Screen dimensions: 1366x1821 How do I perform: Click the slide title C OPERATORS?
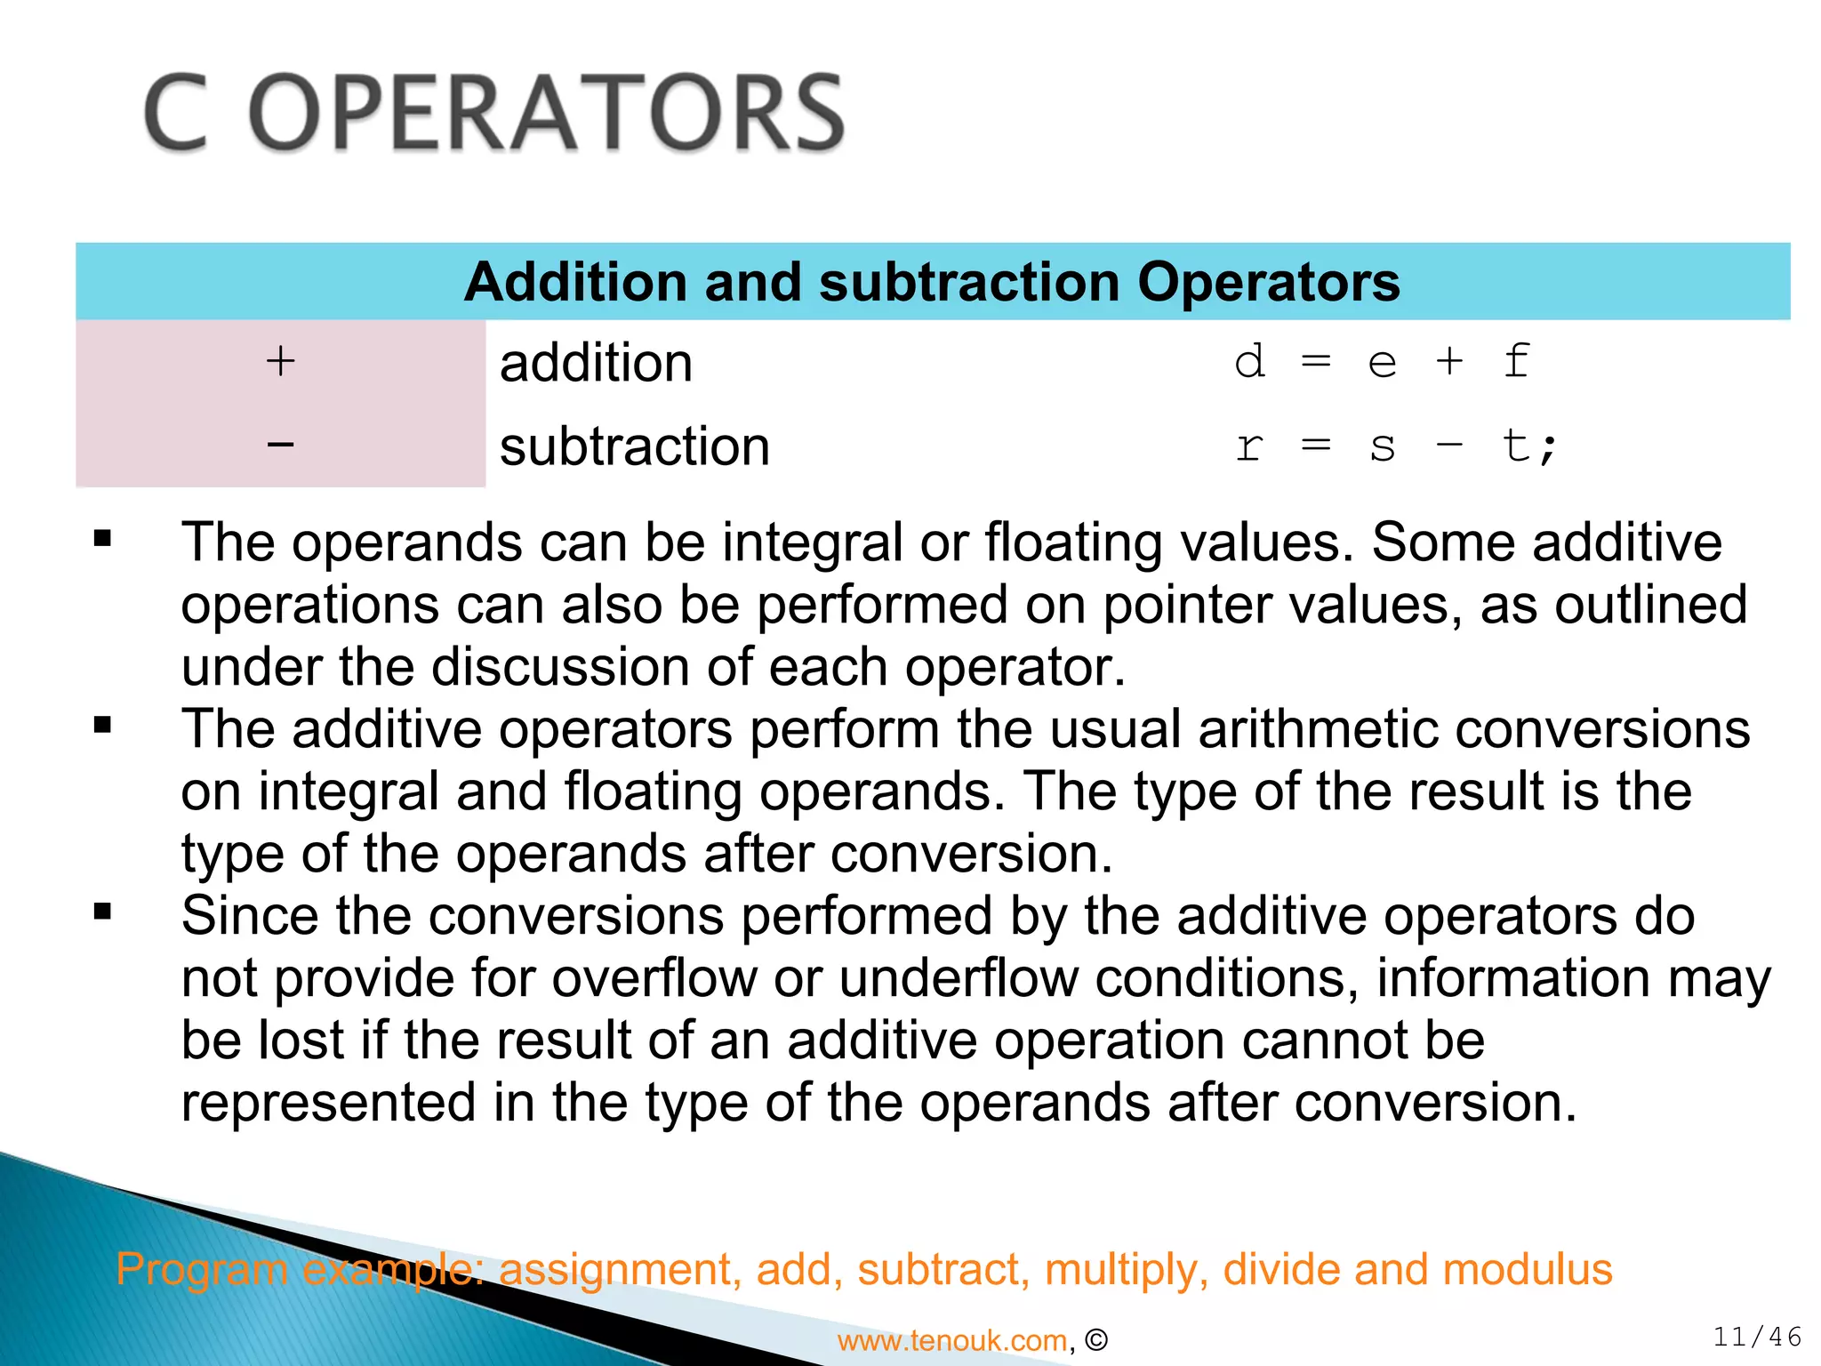point(494,113)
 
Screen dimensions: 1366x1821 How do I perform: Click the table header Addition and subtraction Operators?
point(931,282)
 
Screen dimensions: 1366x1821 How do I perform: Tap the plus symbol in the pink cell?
point(280,361)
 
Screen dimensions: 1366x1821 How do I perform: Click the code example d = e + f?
point(1383,362)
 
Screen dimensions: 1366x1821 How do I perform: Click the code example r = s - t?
point(1395,446)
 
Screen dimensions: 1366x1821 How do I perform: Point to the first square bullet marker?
point(102,538)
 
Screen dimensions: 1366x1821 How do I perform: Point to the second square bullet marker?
point(102,725)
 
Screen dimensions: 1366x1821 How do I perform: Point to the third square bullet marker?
point(102,912)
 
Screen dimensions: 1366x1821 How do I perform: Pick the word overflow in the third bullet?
point(654,978)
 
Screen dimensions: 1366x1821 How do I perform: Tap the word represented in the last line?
point(328,1103)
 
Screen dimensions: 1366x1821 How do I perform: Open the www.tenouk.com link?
point(951,1340)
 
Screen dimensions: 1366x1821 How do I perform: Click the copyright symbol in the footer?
point(1096,1340)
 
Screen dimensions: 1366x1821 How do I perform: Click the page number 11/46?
point(1757,1337)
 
